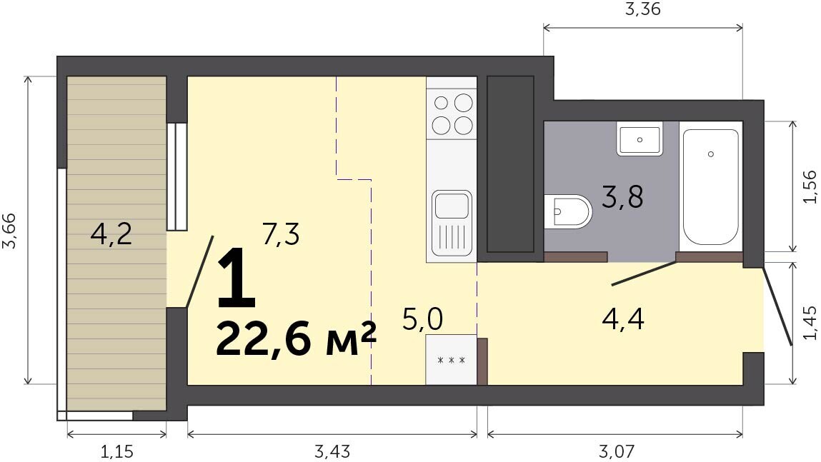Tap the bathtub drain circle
[x=710, y=154]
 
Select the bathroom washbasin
[x=640, y=139]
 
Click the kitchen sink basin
[x=452, y=205]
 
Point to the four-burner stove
[x=452, y=114]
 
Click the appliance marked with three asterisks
[x=452, y=360]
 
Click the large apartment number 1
[x=237, y=278]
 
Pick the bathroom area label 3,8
[x=622, y=197]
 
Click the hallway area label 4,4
[x=623, y=318]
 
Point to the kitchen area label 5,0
[x=423, y=318]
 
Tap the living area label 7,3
[x=282, y=234]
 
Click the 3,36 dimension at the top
[x=643, y=9]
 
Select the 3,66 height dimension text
[x=11, y=231]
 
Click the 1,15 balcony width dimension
[x=116, y=451]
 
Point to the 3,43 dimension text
[x=332, y=451]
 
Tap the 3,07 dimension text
[x=616, y=451]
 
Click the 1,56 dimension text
[x=809, y=187]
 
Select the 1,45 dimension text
[x=809, y=323]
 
